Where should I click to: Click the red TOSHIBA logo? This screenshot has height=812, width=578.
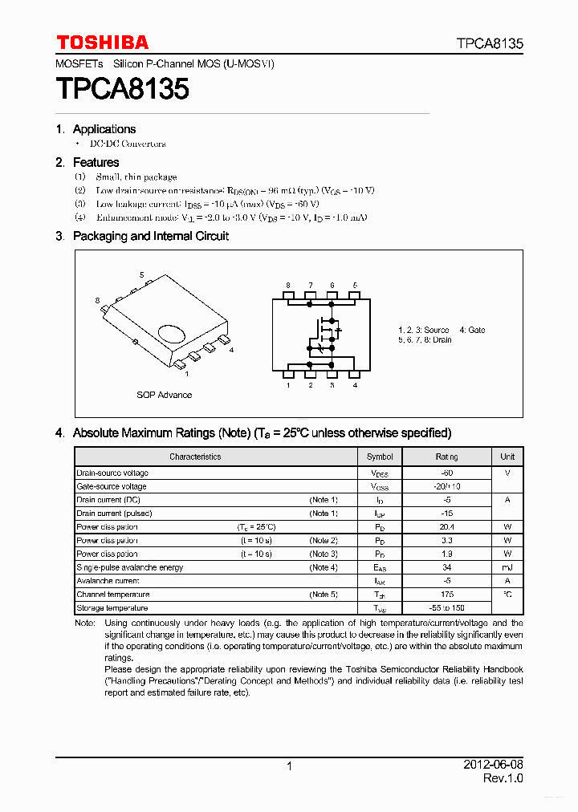coord(102,43)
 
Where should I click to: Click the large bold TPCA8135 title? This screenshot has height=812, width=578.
coord(122,89)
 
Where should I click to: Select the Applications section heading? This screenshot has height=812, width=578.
coord(104,129)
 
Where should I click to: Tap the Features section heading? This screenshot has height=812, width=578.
coord(96,163)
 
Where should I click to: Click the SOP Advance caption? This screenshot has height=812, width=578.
coord(164,395)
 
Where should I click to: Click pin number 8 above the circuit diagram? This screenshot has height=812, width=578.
coord(288,286)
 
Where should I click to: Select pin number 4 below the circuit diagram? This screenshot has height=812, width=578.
coord(355,386)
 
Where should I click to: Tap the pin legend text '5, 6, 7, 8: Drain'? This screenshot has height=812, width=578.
coord(425,340)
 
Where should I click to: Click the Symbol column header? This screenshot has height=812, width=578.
coord(380,457)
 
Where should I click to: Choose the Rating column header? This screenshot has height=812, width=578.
coord(447,457)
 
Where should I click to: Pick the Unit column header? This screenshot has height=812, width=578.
coord(507,457)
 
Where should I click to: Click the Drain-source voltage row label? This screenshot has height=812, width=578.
coord(112,473)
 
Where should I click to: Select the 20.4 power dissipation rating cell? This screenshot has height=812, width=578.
coord(447,527)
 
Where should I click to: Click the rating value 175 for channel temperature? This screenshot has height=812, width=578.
coord(447,595)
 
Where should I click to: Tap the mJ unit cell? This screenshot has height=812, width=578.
coord(507,567)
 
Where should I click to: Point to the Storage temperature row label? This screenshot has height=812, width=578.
coord(113,608)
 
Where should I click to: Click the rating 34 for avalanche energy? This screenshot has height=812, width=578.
coord(447,567)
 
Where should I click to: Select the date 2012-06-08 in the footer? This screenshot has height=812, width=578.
coord(493,764)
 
